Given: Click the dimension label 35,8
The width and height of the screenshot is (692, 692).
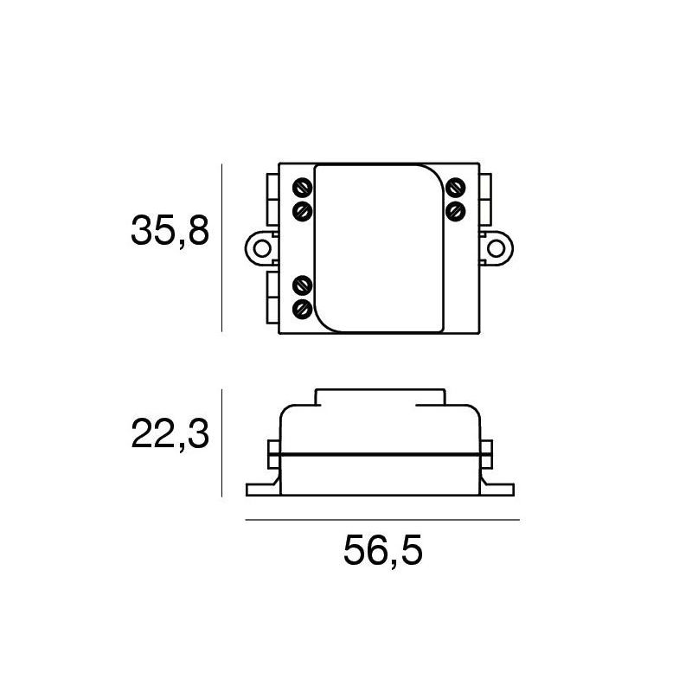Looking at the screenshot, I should (170, 232).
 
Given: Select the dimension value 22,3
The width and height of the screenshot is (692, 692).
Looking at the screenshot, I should (170, 434).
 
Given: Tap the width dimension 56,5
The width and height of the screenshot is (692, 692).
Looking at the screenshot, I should (382, 551).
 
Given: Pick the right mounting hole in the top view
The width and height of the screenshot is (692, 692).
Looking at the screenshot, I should (496, 248).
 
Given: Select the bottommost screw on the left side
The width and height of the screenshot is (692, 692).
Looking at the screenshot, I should (303, 308).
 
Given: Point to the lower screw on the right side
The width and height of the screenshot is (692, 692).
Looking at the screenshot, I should (455, 210).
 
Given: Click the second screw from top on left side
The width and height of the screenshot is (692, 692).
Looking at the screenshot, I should (303, 210).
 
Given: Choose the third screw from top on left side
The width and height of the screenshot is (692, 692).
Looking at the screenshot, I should (303, 284).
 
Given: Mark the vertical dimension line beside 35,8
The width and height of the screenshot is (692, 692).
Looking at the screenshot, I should (222, 248).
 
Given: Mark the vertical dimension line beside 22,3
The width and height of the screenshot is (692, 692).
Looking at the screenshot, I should (222, 443).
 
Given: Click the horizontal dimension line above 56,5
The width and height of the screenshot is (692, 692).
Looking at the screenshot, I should (382, 520).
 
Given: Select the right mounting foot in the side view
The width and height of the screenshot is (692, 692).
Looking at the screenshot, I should (498, 490).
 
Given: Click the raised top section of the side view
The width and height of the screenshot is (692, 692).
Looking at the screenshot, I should (381, 397).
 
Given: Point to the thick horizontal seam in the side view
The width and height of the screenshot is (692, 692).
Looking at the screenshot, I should (381, 453).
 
